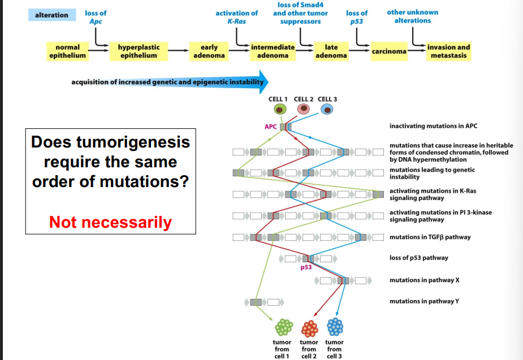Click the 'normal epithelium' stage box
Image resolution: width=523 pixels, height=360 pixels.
68,51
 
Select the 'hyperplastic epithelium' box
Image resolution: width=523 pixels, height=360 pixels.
139,51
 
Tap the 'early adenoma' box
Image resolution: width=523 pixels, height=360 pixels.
213,51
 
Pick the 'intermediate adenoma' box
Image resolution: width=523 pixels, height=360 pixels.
273,51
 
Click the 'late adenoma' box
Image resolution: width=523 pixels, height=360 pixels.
331,51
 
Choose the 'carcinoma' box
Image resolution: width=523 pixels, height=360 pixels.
389,51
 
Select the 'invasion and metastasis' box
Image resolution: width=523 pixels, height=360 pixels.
449,51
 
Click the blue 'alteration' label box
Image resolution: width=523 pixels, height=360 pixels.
52,15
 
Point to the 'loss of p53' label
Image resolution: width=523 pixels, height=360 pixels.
357,17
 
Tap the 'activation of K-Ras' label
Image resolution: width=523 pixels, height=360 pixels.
237,17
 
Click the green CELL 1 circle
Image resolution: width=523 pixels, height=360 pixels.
279,109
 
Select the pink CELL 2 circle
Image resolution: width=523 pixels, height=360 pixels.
304,109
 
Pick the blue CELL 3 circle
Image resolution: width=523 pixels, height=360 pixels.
327,109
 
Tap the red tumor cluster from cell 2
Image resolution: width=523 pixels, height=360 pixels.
309,327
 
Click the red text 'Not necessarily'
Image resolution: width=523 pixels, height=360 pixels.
110,222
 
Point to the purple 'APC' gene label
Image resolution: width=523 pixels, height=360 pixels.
271,127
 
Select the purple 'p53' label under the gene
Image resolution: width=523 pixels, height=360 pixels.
306,267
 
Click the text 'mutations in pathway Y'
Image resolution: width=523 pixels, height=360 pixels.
424,301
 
